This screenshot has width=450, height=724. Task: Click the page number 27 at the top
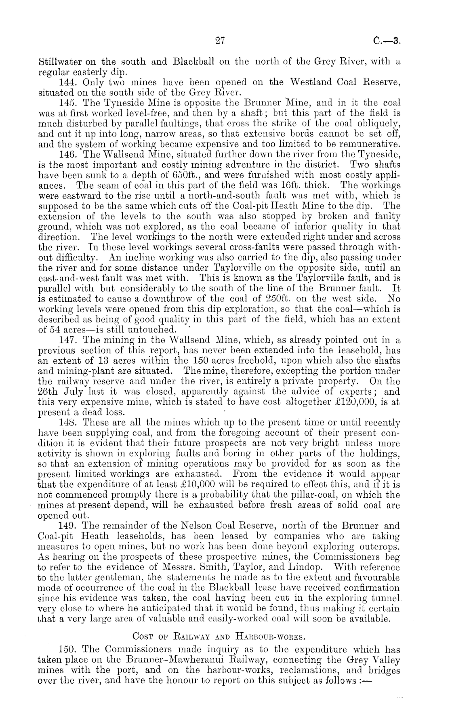(x=219, y=40)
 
